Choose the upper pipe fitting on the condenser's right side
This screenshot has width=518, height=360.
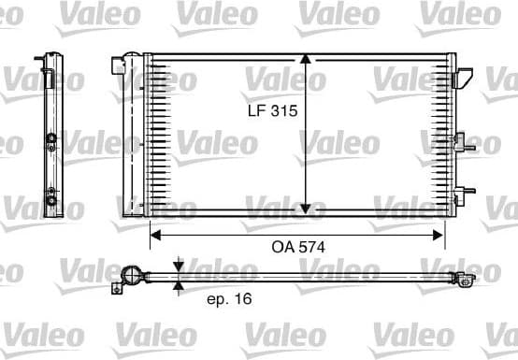[460, 144]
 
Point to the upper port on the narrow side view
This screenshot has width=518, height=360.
[50, 142]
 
